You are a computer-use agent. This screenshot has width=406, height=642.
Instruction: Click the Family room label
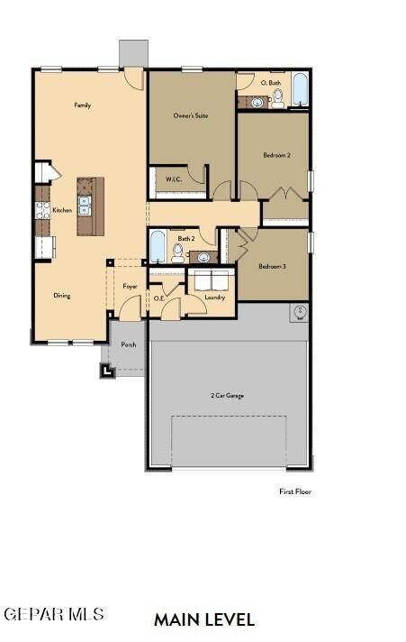tap(83, 105)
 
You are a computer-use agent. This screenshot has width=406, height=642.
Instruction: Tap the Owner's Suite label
tap(191, 116)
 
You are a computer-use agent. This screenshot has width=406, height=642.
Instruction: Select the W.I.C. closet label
tap(174, 179)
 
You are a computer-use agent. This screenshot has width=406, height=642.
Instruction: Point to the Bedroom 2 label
tap(276, 155)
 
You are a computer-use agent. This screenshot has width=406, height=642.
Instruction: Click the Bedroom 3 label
tap(272, 266)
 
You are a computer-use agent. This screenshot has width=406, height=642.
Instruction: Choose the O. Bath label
tap(271, 82)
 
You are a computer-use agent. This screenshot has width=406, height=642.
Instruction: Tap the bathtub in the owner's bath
tap(299, 92)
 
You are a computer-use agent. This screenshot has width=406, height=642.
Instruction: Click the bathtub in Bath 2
tap(158, 246)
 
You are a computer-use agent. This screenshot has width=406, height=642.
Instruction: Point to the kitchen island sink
tap(85, 206)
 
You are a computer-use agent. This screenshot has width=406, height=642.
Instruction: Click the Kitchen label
tap(62, 210)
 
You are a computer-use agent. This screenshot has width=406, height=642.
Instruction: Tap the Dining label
tap(61, 295)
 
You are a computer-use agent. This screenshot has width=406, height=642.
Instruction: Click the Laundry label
tap(214, 297)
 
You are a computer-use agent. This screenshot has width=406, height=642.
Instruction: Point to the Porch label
tap(129, 344)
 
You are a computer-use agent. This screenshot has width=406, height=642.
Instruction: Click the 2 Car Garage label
tap(228, 396)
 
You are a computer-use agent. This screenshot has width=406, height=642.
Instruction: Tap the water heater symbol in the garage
tap(299, 313)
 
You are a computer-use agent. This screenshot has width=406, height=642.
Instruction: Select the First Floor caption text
tap(294, 491)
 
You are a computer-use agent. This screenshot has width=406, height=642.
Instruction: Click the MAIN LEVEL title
tap(204, 619)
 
